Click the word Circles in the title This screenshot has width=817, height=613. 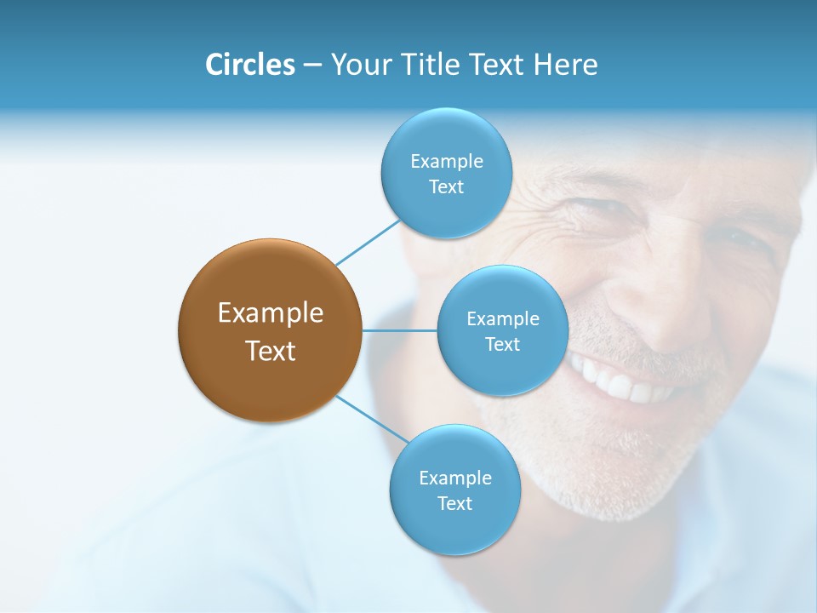pyautogui.click(x=249, y=65)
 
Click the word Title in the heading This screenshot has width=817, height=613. pyautogui.click(x=428, y=65)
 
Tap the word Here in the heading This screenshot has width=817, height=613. pyautogui.click(x=564, y=65)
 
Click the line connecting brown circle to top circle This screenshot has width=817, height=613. pyautogui.click(x=367, y=242)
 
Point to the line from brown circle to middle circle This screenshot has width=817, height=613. pyautogui.click(x=399, y=330)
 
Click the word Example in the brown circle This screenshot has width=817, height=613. pyautogui.click(x=271, y=313)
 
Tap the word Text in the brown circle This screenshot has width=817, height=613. pyautogui.click(x=271, y=351)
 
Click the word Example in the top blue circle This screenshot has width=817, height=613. pyautogui.click(x=446, y=162)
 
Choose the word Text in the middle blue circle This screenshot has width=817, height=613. pyautogui.click(x=502, y=344)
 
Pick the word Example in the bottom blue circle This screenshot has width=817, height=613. pyautogui.click(x=454, y=478)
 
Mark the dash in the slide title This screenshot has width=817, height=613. pyautogui.click(x=311, y=66)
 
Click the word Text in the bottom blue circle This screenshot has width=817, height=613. pyautogui.click(x=454, y=503)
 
